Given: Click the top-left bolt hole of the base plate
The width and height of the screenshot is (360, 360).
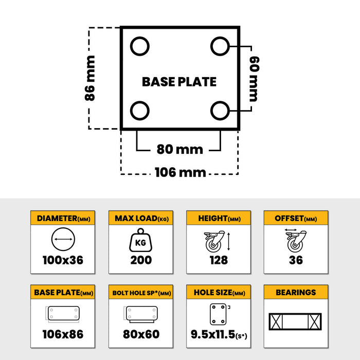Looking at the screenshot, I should (140, 46).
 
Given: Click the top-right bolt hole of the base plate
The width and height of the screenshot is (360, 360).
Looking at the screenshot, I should (220, 46).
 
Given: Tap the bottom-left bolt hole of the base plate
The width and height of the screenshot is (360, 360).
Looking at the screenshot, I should (140, 110).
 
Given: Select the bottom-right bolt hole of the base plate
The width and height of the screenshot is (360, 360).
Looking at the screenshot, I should (220, 110).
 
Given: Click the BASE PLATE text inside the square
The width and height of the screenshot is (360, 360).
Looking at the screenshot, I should (179, 82).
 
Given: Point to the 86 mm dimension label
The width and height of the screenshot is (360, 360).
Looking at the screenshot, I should (91, 78).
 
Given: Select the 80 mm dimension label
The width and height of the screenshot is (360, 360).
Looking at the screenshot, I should (179, 150).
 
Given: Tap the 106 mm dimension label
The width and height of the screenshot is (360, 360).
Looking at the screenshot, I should (180, 172).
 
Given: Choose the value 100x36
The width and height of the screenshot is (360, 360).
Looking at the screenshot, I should (63, 260).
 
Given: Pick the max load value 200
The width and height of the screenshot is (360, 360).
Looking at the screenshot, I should (141, 260).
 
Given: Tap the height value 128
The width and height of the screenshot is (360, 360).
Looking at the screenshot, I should (219, 260).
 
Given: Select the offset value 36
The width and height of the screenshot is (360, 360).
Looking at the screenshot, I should (296, 260).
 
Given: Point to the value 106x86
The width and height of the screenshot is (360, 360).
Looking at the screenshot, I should (63, 334).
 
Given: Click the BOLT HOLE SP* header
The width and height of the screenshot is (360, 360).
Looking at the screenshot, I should (141, 293).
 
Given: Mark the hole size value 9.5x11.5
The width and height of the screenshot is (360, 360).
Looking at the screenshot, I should (215, 334).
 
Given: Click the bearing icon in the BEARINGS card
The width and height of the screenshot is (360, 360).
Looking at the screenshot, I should (296, 322).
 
